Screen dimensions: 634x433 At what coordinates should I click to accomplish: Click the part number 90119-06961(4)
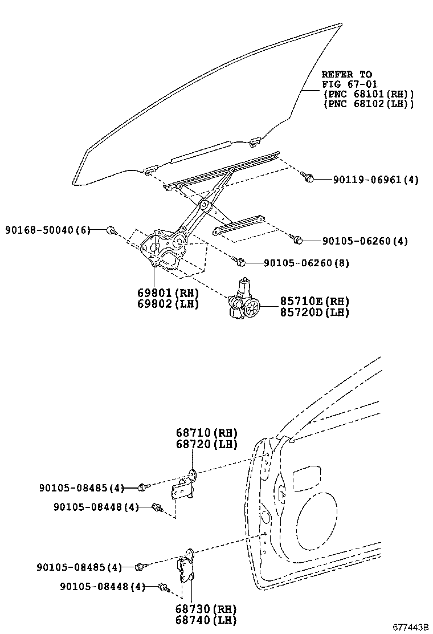[x=376, y=180]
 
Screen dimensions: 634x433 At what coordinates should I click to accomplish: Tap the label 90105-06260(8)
[x=307, y=263]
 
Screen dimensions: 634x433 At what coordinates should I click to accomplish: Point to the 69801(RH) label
[x=168, y=292]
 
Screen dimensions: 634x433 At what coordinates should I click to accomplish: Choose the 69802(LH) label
[x=168, y=304]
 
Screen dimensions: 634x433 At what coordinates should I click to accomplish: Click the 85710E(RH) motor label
[x=314, y=301]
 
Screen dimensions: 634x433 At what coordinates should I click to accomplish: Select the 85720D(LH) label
[x=314, y=312]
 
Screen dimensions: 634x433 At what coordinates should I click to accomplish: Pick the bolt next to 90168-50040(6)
[x=111, y=230]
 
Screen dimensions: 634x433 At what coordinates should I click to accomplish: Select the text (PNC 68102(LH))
[x=368, y=104]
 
